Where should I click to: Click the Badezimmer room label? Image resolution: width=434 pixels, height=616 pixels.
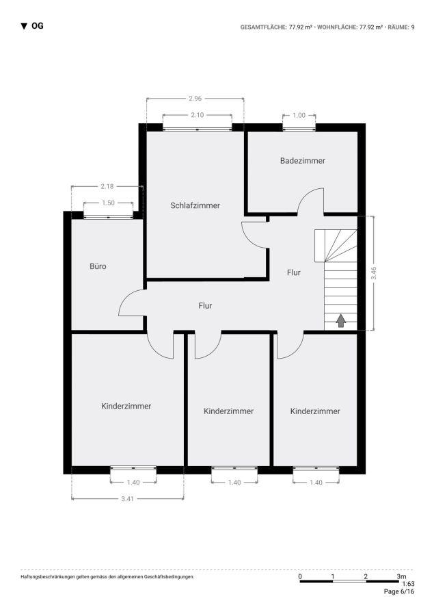pyautogui.click(x=302, y=161)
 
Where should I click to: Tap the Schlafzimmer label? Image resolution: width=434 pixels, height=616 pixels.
pyautogui.click(x=195, y=205)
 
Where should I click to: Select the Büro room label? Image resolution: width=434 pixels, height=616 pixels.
pyautogui.click(x=98, y=266)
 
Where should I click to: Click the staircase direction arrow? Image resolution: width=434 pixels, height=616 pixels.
pyautogui.click(x=341, y=320)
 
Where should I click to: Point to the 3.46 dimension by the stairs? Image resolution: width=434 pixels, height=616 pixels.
pyautogui.click(x=372, y=274)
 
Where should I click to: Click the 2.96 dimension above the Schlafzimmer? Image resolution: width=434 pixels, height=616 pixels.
pyautogui.click(x=195, y=99)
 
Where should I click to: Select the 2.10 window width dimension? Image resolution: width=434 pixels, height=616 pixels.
pyautogui.click(x=197, y=114)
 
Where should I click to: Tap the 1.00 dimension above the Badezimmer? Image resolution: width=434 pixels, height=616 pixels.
pyautogui.click(x=299, y=115)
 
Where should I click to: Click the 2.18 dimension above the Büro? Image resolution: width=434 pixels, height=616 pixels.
pyautogui.click(x=107, y=186)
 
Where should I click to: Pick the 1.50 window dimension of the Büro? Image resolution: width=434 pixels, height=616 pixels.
pyautogui.click(x=108, y=203)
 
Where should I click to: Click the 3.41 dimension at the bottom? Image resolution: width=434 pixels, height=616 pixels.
pyautogui.click(x=127, y=498)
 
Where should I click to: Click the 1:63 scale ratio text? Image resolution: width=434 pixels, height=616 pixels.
pyautogui.click(x=408, y=584)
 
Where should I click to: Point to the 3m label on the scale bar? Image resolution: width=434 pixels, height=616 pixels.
pyautogui.click(x=401, y=576)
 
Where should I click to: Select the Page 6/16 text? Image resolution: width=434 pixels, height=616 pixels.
pyautogui.click(x=399, y=592)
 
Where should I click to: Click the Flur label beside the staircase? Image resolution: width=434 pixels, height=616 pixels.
pyautogui.click(x=293, y=272)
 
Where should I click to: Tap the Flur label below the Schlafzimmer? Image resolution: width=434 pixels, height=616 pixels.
pyautogui.click(x=205, y=306)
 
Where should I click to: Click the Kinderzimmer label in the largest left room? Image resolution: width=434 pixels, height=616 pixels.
pyautogui.click(x=126, y=406)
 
